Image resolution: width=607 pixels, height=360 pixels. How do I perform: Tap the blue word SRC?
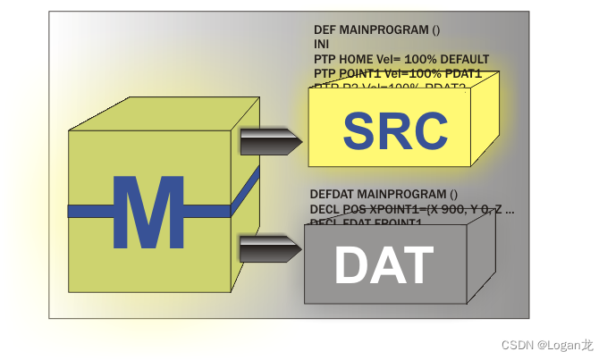tap(394, 131)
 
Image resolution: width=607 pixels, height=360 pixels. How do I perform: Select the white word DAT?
tap(384, 264)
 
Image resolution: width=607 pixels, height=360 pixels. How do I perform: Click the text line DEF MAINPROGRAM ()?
tap(376, 29)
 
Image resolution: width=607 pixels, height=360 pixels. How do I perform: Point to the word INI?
tap(322, 44)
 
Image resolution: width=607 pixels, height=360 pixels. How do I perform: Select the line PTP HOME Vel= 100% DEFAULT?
tap(401, 58)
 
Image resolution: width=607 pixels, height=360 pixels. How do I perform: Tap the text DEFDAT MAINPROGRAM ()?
tap(384, 194)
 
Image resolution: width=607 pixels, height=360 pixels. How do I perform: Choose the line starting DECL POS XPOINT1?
tap(411, 211)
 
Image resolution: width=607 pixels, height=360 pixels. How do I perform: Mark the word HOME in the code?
tap(355, 58)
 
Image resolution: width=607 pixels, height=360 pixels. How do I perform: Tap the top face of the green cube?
tap(166, 113)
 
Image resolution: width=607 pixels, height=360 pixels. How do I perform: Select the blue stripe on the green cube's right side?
tap(245, 184)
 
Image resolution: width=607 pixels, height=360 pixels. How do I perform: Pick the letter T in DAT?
tap(417, 264)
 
